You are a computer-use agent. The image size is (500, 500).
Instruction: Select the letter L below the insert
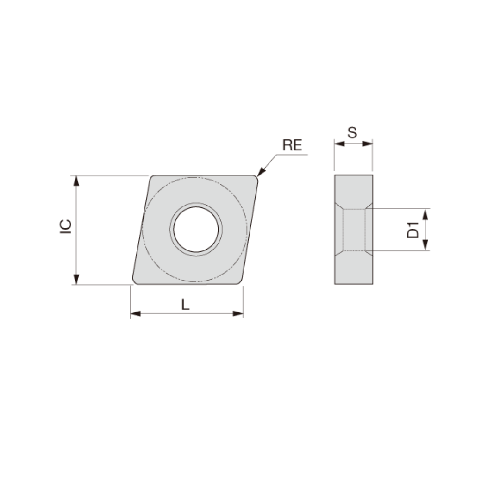[x=185, y=304]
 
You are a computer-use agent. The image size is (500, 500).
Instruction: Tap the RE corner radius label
[x=292, y=145]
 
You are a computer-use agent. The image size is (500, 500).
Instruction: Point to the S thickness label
[x=352, y=133]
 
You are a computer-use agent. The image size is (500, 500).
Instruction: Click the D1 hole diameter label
[x=412, y=230]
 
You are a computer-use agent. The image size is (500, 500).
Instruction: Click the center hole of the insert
[x=196, y=229]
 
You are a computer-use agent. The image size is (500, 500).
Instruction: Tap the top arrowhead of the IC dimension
[x=76, y=181]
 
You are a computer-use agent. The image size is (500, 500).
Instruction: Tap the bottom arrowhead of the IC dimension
[x=76, y=280]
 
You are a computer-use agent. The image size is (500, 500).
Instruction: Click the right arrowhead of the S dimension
[x=368, y=144]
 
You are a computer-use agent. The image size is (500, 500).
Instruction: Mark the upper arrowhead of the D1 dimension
[x=425, y=213]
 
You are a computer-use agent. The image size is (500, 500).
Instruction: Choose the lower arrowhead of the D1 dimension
[x=425, y=245]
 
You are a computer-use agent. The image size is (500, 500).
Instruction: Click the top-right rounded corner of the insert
[x=255, y=178]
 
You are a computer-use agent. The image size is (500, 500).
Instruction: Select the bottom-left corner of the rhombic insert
[x=136, y=281]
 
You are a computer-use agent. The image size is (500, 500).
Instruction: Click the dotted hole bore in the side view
[x=354, y=230]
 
